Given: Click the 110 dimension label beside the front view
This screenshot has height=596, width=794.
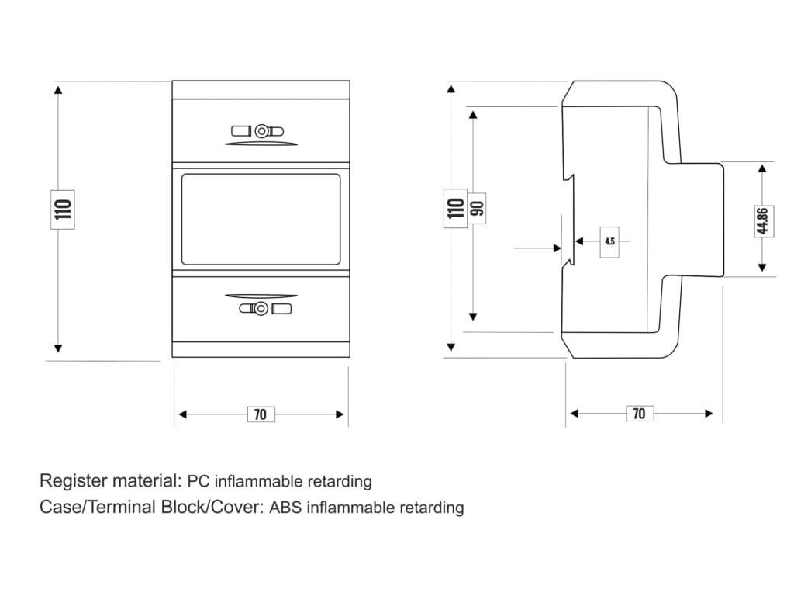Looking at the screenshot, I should pos(63,208).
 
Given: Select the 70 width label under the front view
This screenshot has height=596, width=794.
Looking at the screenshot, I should pos(261,414).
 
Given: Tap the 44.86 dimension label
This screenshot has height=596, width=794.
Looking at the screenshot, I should pos(762,220).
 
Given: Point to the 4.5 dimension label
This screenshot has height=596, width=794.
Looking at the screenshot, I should pos(609,241).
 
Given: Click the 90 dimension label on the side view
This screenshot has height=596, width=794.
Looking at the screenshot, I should pos(477,207).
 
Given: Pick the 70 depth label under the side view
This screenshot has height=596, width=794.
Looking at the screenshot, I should pos(639,414).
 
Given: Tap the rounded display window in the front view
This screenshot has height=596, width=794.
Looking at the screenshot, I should pos(261,219).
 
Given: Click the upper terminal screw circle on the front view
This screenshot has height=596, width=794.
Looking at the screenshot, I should pos(262,130).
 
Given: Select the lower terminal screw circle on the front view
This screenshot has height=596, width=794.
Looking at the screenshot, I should pos(261,309).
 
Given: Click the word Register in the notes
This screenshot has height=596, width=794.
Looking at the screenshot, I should pos(72,481).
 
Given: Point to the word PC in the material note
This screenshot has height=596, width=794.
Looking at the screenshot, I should pos(199,481).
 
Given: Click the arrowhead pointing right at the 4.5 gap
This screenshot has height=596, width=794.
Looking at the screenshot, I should pos(557,248).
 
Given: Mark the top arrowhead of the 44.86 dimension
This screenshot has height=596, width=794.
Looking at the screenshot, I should pos(762,168).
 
